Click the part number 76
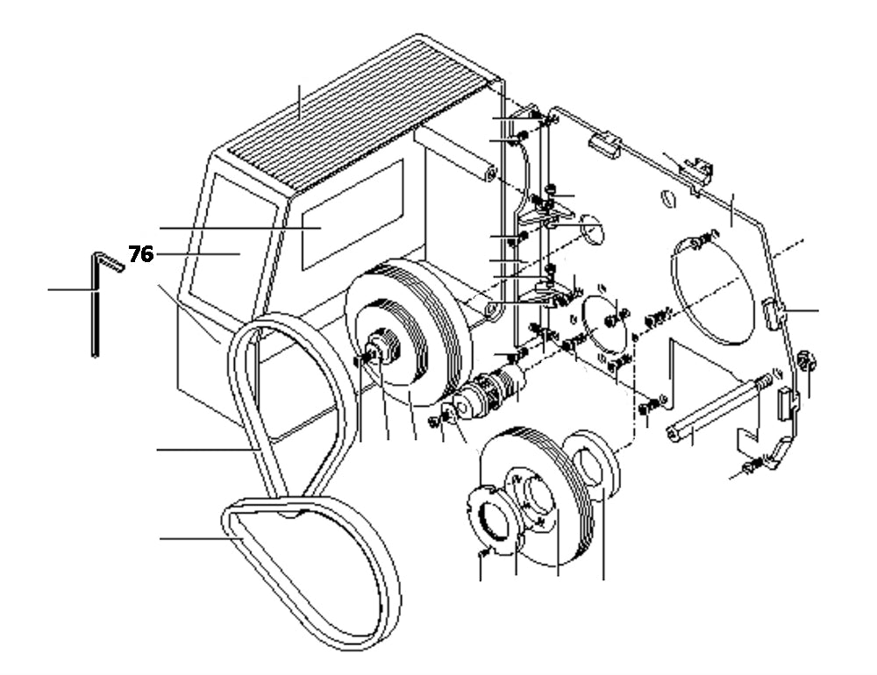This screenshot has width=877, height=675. [x=140, y=254]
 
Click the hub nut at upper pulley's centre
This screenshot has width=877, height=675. [x=381, y=346]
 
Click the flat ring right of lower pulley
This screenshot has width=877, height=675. [x=596, y=469]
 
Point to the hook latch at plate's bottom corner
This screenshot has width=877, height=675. [x=768, y=461]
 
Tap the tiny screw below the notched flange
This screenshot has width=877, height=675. [x=482, y=555]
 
